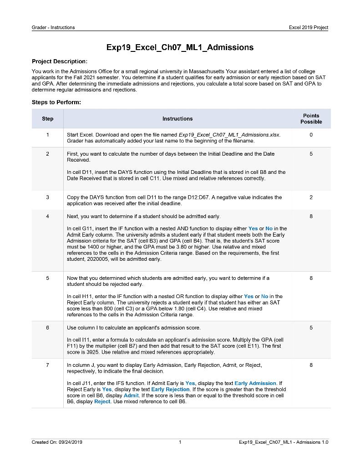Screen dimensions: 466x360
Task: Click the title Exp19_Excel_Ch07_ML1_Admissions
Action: tap(180, 47)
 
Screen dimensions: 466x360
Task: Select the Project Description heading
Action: tap(59, 61)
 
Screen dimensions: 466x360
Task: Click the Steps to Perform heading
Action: tap(56, 102)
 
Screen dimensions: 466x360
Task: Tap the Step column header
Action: tap(47, 119)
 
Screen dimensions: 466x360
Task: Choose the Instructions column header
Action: tap(177, 119)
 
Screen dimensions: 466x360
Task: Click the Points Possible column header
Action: tap(311, 119)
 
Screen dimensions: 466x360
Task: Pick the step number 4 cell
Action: tap(47, 217)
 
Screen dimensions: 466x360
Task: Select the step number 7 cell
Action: tap(47, 365)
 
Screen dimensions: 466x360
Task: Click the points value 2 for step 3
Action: tap(311, 197)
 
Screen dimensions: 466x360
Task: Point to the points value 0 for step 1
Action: tap(311, 135)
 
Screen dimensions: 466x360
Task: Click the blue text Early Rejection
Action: tap(170, 390)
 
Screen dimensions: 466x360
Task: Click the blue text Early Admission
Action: tap(255, 383)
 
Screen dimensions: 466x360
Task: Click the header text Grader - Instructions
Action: tap(53, 28)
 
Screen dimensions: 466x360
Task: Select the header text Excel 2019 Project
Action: tap(308, 28)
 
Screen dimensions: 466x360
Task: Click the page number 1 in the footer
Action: tap(180, 442)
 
